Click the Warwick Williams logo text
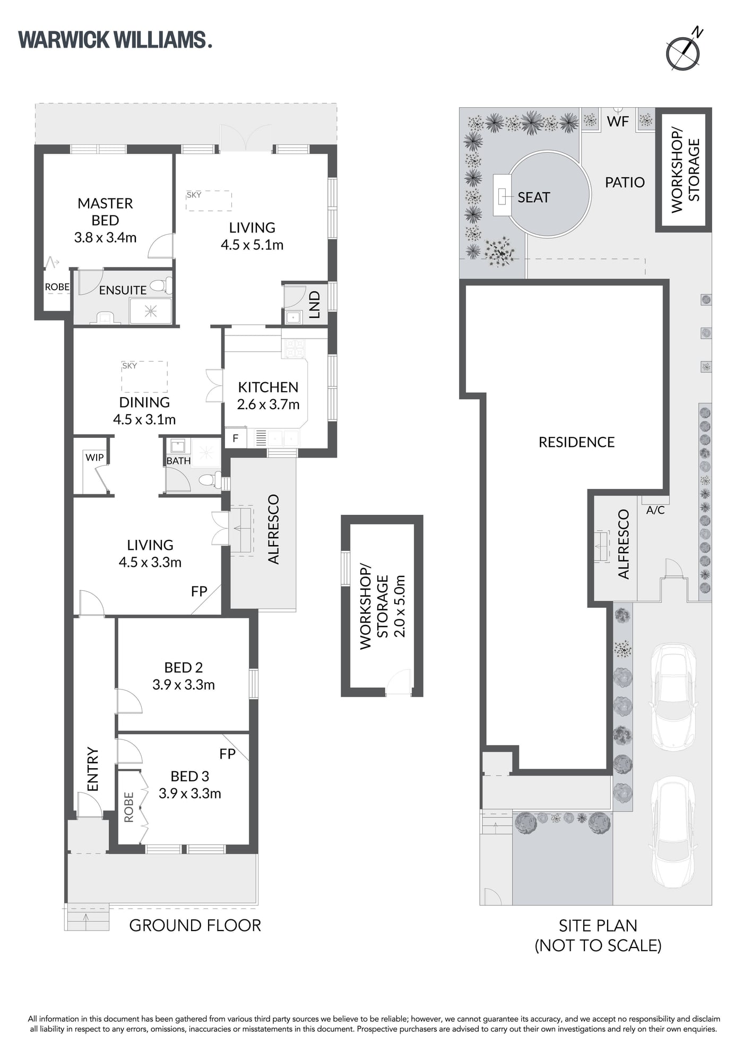tap(115, 40)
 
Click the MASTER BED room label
tap(105, 212)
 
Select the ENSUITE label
tap(123, 290)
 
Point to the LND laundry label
tap(314, 304)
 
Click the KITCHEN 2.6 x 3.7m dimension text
tap(268, 404)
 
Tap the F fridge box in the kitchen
tap(235, 438)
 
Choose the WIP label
tap(94, 458)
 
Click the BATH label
tap(178, 461)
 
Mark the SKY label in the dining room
tap(129, 366)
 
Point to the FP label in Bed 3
tap(227, 754)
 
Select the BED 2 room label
tap(184, 667)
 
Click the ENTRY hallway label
tap(93, 769)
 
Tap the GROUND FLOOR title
tap(195, 925)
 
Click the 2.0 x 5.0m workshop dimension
tap(399, 606)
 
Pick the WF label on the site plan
tap(618, 121)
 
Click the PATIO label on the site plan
tap(625, 182)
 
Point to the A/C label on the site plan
tap(655, 510)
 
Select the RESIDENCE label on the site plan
tap(576, 442)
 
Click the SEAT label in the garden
tap(533, 197)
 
